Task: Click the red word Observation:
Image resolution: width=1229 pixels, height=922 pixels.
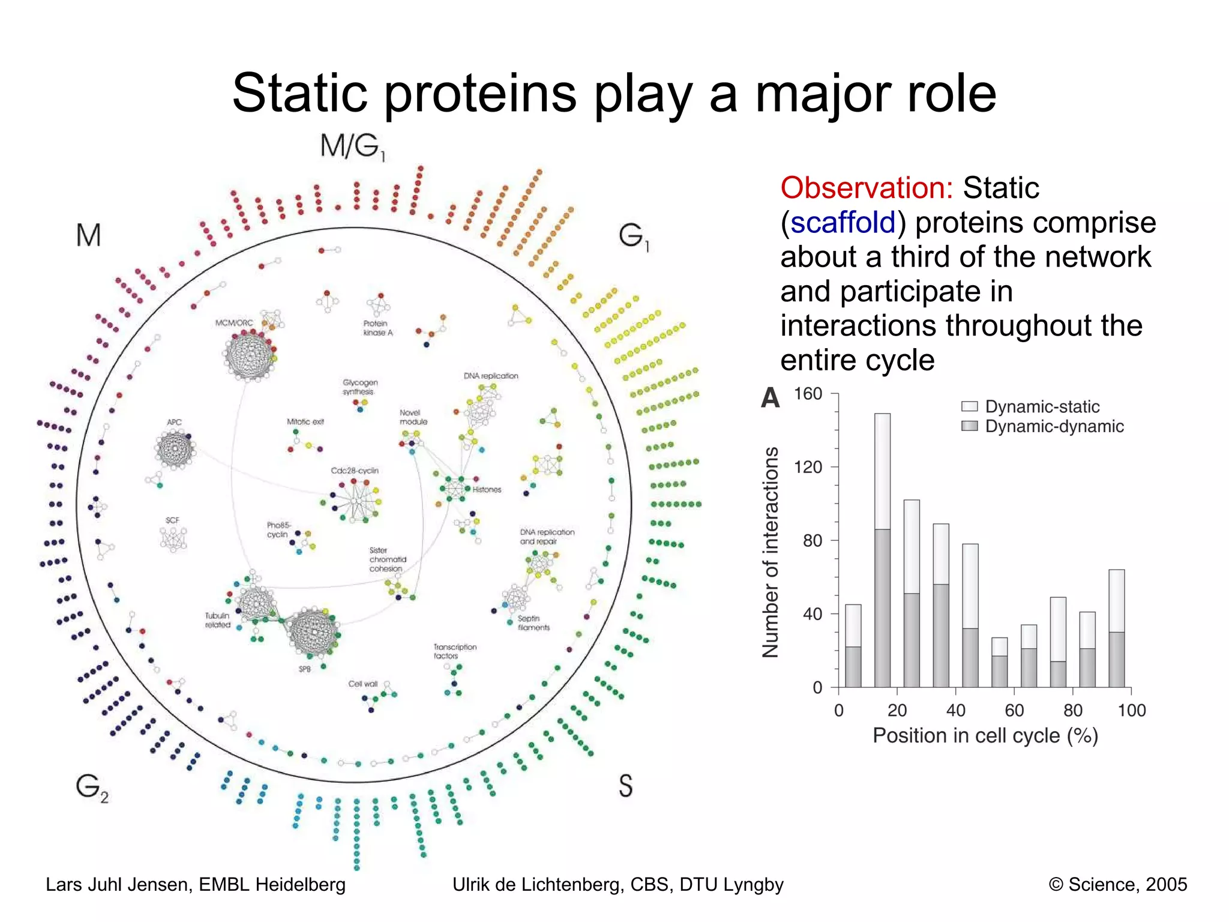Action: pyautogui.click(x=867, y=188)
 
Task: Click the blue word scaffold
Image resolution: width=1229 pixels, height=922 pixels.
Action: pyautogui.click(x=843, y=223)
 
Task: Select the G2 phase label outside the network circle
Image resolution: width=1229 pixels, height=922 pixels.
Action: pyautogui.click(x=92, y=787)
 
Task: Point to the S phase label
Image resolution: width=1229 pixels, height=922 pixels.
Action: pyautogui.click(x=625, y=785)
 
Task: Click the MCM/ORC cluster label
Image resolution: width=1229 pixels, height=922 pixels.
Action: pyautogui.click(x=234, y=323)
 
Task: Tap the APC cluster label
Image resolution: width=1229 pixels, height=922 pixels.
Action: pyautogui.click(x=174, y=422)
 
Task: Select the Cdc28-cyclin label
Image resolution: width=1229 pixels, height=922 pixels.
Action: pyautogui.click(x=355, y=471)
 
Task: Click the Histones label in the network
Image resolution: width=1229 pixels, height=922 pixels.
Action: pyautogui.click(x=487, y=490)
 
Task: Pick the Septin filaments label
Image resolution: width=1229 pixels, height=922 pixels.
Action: pyautogui.click(x=533, y=622)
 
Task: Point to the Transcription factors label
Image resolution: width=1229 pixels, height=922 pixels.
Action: pyautogui.click(x=455, y=651)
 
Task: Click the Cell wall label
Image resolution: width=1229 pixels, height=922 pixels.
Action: pyautogui.click(x=363, y=684)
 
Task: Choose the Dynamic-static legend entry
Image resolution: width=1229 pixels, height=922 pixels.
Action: pyautogui.click(x=1042, y=407)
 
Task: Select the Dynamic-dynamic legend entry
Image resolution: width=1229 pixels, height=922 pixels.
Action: pyautogui.click(x=1054, y=427)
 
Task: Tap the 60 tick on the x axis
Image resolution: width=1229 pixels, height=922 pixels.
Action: pyautogui.click(x=1014, y=711)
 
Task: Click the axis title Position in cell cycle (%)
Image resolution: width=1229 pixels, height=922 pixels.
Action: pyautogui.click(x=985, y=736)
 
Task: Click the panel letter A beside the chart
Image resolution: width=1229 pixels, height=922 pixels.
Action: pyautogui.click(x=771, y=398)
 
